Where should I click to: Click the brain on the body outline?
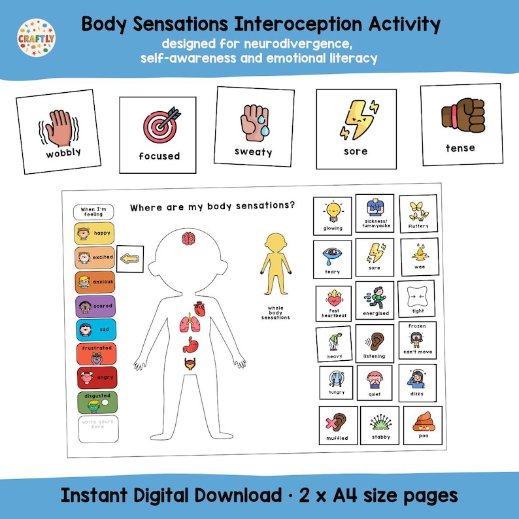190,240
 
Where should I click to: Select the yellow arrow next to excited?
130,258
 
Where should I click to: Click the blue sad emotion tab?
95,330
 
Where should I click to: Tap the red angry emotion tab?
95,377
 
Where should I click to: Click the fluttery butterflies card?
418,214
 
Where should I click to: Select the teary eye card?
332,258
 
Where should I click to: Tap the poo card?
419,425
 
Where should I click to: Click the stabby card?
380,425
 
